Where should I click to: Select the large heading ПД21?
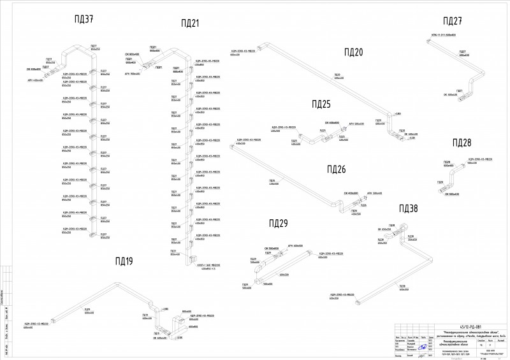[x=190, y=24]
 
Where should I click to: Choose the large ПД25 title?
[x=321, y=104]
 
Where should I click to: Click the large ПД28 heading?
[x=462, y=142]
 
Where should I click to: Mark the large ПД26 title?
[x=336, y=169]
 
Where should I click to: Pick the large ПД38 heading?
[x=409, y=208]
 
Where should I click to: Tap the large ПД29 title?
[x=279, y=223]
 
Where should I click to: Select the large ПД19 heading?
[x=124, y=261]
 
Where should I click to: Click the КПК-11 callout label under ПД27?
[x=443, y=35]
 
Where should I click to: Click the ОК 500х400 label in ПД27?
[x=451, y=95]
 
